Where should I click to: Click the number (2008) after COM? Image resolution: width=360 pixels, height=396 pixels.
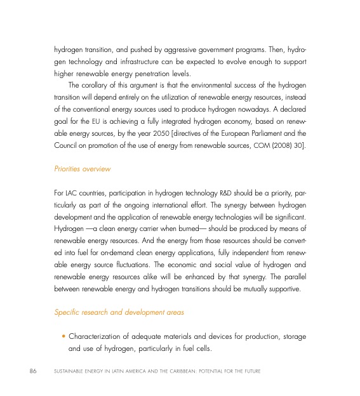point(281,148)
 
